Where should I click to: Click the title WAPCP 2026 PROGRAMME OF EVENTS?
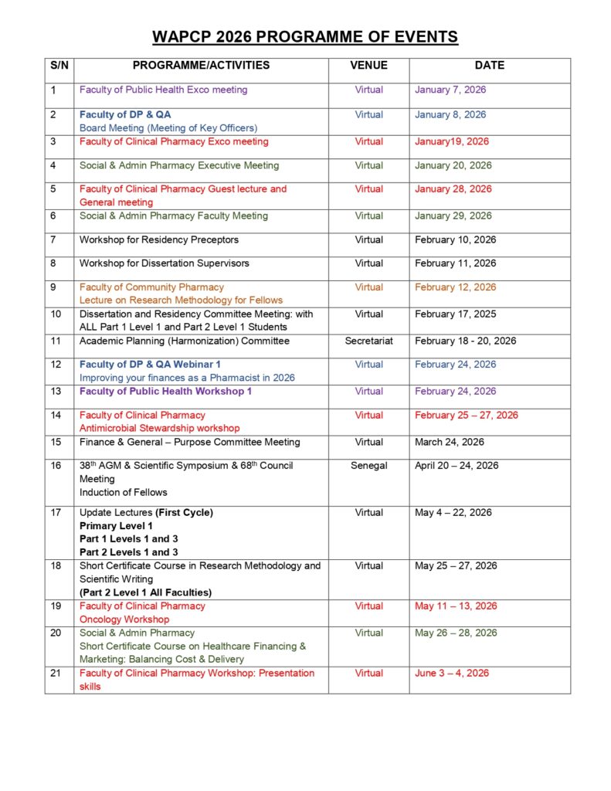[x=305, y=37]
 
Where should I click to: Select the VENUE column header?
[x=368, y=66]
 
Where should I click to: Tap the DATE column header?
[x=490, y=66]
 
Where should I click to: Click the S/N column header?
[x=59, y=66]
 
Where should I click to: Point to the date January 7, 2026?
[x=450, y=90]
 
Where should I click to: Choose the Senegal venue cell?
[x=368, y=466]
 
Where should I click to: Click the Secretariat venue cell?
[x=368, y=341]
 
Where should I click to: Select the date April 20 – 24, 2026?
[x=457, y=466]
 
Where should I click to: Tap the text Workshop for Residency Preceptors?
[x=159, y=239]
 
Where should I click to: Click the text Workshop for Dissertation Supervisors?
[x=165, y=263]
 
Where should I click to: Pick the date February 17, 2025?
[x=456, y=314]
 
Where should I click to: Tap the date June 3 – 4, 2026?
[x=452, y=674]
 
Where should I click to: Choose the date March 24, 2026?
[x=450, y=443]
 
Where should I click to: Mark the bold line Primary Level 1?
[x=116, y=526]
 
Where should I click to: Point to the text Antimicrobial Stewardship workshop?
[x=159, y=428]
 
